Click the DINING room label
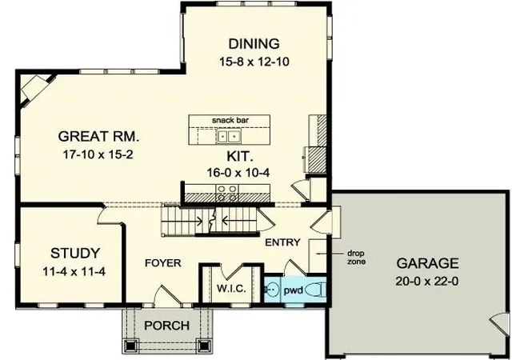click(254, 44)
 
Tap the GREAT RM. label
click(98, 136)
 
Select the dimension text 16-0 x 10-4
click(238, 173)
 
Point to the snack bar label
click(230, 120)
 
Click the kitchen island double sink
click(229, 135)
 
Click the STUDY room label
click(75, 253)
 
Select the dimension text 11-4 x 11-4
click(74, 271)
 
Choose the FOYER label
click(162, 263)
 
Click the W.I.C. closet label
click(231, 289)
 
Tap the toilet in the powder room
click(316, 290)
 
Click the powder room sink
click(272, 289)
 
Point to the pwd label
click(294, 290)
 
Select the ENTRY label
click(282, 242)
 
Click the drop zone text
click(356, 258)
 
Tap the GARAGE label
click(427, 263)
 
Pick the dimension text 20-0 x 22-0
click(426, 281)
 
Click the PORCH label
click(166, 326)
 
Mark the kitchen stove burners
click(227, 193)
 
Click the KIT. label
click(240, 157)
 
